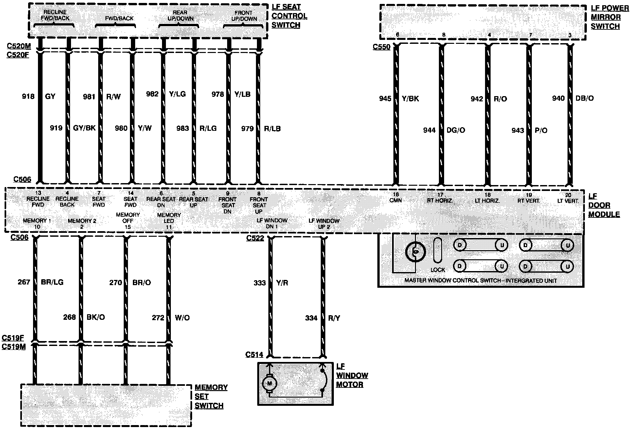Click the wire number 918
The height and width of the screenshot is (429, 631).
28,96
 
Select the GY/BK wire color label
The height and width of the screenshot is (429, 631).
84,128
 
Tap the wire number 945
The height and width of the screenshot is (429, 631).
385,98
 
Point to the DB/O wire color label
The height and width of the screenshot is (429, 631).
585,98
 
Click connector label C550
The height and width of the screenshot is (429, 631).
381,47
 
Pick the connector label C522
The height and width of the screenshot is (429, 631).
255,238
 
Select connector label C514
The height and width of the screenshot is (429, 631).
254,355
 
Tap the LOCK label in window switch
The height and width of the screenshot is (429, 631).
438,270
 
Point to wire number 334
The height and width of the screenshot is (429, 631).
311,318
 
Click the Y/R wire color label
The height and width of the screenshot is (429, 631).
282,283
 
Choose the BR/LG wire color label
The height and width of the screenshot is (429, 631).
52,282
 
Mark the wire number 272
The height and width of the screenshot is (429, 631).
158,317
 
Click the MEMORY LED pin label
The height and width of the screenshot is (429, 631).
169,218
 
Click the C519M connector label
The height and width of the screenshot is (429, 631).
14,347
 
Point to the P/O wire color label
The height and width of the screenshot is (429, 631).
541,130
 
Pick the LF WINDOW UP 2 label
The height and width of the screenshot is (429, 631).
324,224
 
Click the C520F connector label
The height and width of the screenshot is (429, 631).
18,55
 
